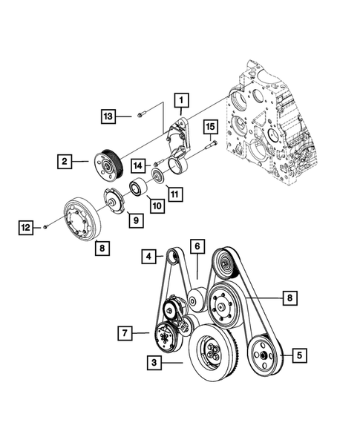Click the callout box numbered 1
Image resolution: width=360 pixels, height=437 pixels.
coord(180,98)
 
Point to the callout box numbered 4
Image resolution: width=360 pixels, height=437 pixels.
coord(151,257)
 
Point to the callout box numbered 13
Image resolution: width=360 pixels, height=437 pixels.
coord(108,116)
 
